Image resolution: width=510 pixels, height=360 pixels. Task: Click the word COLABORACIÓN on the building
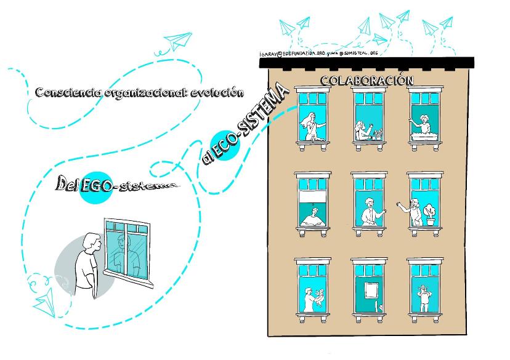pos(366,81)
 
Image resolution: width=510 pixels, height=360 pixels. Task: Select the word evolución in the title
pos(216,93)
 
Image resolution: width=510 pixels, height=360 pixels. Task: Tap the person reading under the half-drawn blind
pos(312,217)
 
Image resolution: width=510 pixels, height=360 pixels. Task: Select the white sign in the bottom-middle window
pos(370,289)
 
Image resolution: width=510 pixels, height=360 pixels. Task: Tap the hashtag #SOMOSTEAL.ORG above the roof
pos(357,54)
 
